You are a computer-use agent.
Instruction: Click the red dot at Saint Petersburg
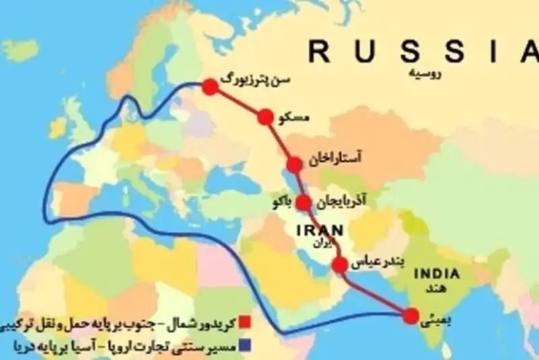[x=211, y=86]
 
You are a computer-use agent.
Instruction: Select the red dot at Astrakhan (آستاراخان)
[x=294, y=164]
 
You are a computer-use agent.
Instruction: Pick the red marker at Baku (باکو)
[x=304, y=202]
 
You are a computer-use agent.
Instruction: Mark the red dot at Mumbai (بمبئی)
[x=408, y=314]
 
